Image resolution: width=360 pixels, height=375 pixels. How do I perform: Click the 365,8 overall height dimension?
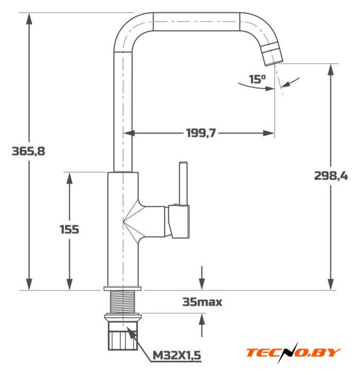pos(29,151)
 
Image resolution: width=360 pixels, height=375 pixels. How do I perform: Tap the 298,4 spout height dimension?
pos(331,176)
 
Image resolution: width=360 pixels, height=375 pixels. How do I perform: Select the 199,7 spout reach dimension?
pos(201,133)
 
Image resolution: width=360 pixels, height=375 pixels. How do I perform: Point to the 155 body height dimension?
pos(69,229)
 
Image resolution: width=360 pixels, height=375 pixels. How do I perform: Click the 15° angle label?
pos(257,79)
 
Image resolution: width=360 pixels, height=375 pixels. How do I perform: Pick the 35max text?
pos(202,302)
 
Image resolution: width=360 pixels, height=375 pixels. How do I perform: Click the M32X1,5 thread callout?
pos(177,356)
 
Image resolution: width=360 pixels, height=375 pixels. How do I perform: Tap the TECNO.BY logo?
pos(293,353)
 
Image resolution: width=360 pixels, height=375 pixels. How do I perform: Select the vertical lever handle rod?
pos(183,183)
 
